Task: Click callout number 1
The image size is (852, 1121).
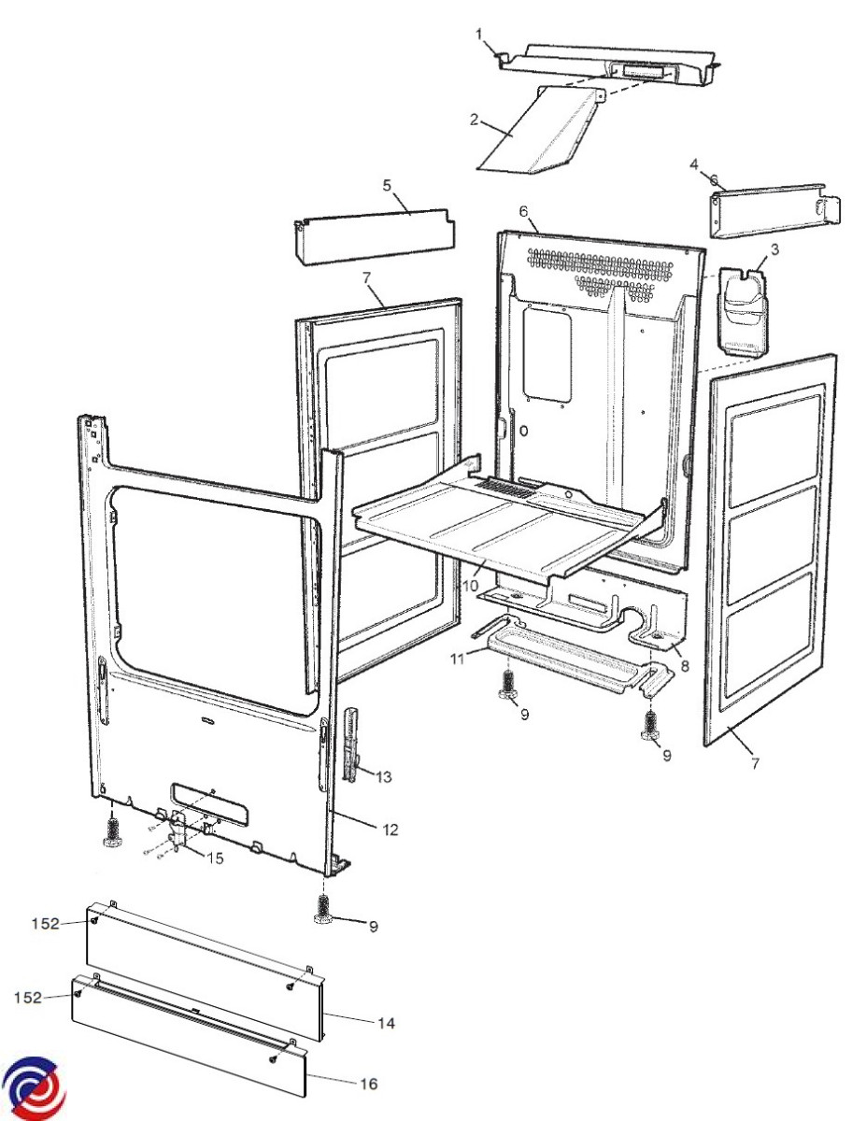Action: tap(479, 35)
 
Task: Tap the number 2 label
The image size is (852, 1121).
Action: tap(475, 120)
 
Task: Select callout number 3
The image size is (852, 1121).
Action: tap(774, 250)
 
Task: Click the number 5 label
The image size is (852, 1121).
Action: tap(387, 185)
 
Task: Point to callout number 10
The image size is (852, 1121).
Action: tap(471, 586)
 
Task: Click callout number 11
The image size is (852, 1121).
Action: tap(457, 659)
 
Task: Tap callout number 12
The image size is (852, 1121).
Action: tap(390, 829)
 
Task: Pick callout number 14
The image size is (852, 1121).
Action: tap(385, 1023)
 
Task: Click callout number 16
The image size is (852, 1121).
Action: tap(369, 1084)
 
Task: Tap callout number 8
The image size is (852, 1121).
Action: tap(685, 667)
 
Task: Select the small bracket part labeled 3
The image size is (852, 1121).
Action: tap(743, 310)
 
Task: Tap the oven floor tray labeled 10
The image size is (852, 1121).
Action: tap(504, 528)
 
